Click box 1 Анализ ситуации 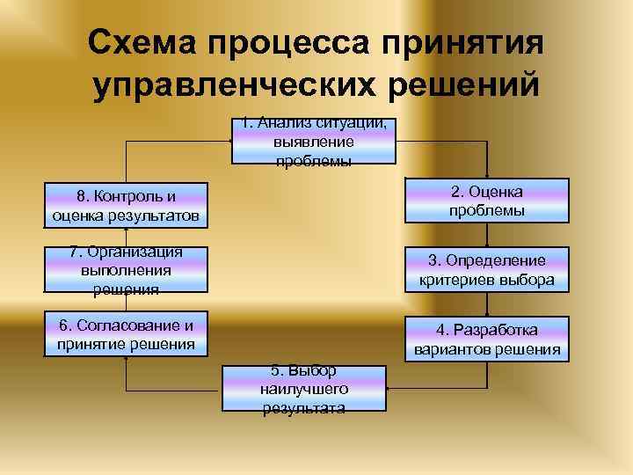click(314, 142)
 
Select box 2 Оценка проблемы click(486, 201)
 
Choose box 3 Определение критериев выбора click(486, 270)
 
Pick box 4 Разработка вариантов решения click(486, 339)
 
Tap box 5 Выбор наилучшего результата click(304, 388)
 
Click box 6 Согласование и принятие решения click(126, 333)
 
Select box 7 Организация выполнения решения click(126, 269)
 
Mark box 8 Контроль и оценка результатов click(126, 204)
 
